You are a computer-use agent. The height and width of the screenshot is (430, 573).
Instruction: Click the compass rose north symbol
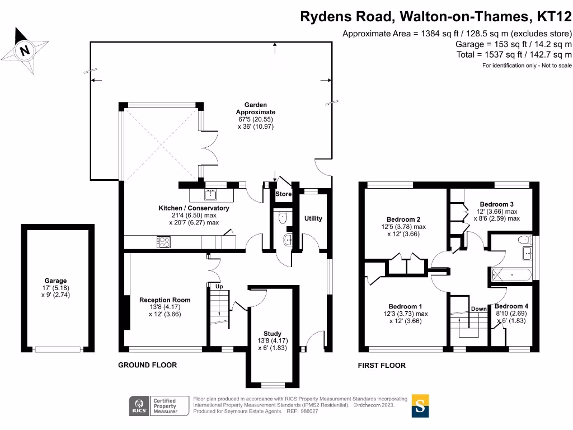[24, 50]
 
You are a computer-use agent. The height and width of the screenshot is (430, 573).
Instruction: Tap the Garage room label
[55, 281]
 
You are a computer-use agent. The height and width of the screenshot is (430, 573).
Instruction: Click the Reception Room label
[165, 300]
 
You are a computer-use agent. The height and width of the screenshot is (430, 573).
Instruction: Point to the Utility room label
[313, 218]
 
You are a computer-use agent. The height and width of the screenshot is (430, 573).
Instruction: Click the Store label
[283, 194]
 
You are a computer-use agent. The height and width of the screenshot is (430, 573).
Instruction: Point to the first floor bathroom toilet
[524, 240]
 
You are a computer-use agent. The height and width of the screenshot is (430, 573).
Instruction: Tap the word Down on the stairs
[478, 309]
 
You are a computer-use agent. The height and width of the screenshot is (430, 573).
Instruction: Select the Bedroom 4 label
[511, 306]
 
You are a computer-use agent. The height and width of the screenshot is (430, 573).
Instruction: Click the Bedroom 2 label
[403, 219]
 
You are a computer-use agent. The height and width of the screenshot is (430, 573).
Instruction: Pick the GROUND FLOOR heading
[147, 365]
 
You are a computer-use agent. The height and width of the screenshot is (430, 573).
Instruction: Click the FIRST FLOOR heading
[382, 366]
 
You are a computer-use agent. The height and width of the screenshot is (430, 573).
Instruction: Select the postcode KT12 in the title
[554, 17]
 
